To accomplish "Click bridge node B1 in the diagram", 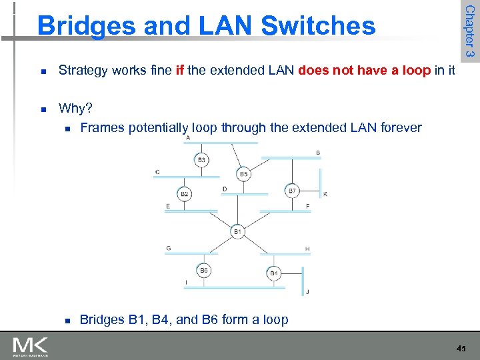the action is (x=238, y=231).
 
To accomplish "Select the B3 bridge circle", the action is (x=201, y=160).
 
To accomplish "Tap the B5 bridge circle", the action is (x=243, y=174).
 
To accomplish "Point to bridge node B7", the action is (x=292, y=191).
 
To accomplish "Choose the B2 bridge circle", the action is (x=185, y=194).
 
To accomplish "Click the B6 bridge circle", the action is (x=205, y=270).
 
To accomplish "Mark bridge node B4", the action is (x=274, y=273).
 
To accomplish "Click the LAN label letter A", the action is (x=188, y=138).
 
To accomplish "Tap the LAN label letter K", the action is (x=325, y=194).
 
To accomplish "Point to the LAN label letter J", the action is (x=307, y=292).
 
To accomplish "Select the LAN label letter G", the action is (x=169, y=248).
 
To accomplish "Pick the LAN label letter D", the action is (x=225, y=189).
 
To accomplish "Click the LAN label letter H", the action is (x=307, y=249).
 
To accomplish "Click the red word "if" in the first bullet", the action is (x=179, y=70).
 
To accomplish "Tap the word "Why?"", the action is (x=75, y=108).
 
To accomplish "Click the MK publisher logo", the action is (x=30, y=345).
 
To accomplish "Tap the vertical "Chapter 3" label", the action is (x=469, y=31).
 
